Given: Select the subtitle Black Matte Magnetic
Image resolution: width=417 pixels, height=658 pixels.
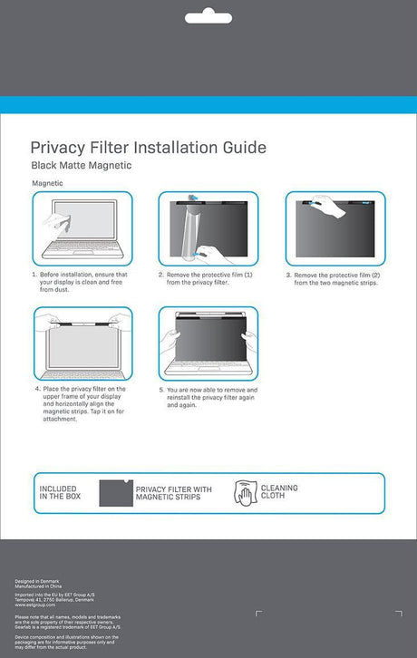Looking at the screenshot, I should (82, 166).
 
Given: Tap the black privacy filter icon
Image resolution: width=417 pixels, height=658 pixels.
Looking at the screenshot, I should (114, 494).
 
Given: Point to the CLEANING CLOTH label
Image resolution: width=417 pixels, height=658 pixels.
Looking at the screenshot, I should (279, 493).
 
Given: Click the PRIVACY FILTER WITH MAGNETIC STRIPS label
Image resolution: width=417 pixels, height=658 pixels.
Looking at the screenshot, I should (173, 494).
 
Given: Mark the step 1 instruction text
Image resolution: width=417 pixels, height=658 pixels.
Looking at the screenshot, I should (83, 282).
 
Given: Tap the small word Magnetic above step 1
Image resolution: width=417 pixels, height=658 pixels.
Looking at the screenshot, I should (47, 183).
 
